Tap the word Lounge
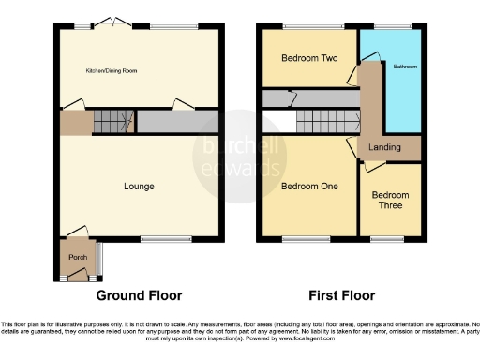(139, 187)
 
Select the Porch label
(75, 256)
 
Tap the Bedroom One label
(309, 186)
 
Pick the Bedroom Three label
(390, 201)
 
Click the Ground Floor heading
(140, 294)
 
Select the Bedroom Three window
(387, 238)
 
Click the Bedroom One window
(300, 238)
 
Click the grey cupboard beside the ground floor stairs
(178, 122)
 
